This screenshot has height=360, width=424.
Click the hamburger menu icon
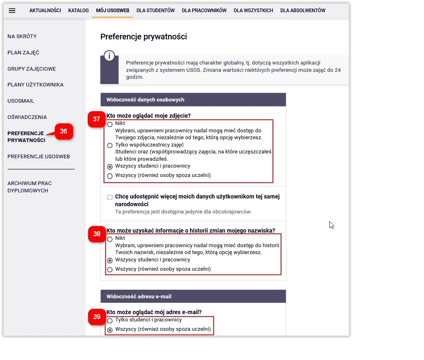[x=12, y=11]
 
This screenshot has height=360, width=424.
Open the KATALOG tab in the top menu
[x=78, y=11]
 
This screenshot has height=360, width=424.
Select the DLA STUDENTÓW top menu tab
[x=156, y=11]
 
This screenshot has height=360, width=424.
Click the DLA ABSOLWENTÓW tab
[x=303, y=11]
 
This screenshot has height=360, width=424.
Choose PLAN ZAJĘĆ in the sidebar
[x=23, y=53]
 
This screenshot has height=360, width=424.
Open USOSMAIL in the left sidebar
[x=21, y=101]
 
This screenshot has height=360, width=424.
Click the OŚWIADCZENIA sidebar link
[x=27, y=117]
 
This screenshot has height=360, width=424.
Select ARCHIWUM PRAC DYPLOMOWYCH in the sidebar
[x=30, y=187]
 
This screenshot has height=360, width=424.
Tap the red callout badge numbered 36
[x=64, y=131]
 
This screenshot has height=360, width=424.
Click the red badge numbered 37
[x=96, y=119]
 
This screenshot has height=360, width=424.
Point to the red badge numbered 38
[x=97, y=234]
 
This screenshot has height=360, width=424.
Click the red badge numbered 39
[x=97, y=317]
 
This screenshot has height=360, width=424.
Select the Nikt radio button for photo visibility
[x=110, y=125]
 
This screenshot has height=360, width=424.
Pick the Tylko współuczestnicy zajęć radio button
[x=110, y=145]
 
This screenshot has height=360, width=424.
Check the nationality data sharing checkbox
[x=110, y=197]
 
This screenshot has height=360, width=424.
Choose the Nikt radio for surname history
[x=110, y=239]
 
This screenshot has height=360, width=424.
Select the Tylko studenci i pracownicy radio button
[x=110, y=321]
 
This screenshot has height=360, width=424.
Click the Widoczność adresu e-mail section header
[x=193, y=296]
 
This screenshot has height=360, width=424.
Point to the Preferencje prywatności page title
[x=143, y=37]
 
